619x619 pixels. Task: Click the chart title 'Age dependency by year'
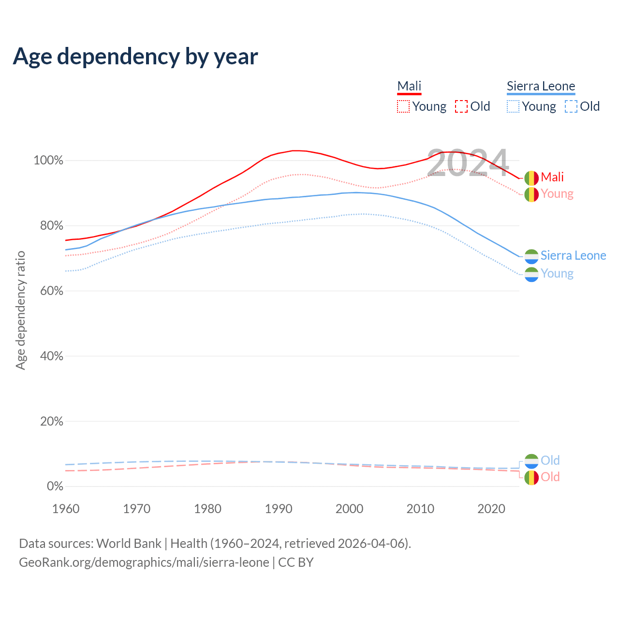coord(135,57)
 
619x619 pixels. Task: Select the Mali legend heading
coord(409,86)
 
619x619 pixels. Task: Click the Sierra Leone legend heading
coord(541,86)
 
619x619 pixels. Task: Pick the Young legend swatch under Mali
coord(403,106)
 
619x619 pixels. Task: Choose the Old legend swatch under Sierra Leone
coord(571,106)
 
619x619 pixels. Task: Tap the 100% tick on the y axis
coord(48,161)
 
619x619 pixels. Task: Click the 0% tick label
coord(55,486)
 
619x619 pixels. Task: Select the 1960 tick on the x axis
coord(66,509)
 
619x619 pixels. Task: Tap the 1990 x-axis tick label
coord(279,509)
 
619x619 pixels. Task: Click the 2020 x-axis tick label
coord(491,509)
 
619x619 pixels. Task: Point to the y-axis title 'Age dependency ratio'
coord(20,310)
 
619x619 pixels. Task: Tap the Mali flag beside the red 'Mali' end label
coord(531,178)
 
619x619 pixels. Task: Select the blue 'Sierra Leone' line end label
coord(573,255)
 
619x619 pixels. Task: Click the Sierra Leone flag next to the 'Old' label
coord(531,461)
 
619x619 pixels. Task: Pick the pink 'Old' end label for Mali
coord(550,477)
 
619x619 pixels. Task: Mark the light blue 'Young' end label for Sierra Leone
coord(557,274)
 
